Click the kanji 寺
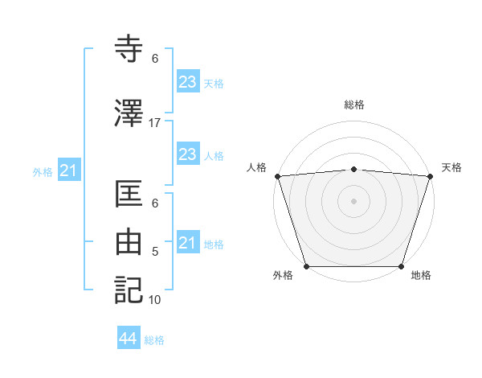coord(131,50)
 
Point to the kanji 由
coord(131,243)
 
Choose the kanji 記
coord(131,290)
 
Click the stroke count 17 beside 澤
coord(155,122)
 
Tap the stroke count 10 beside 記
coord(155,300)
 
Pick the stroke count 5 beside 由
coord(155,253)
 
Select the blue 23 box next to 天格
coord(187,82)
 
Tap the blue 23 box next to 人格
coord(187,154)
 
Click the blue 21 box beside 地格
coord(187,243)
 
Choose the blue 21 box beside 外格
coord(68,171)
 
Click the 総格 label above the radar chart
coord(354,105)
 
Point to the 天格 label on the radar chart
coord(451,167)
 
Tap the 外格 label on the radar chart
coord(283,275)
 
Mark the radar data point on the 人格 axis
coord(277,176)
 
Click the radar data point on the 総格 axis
coord(353,169)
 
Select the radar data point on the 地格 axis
coord(401,266)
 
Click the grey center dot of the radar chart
coord(353,200)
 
